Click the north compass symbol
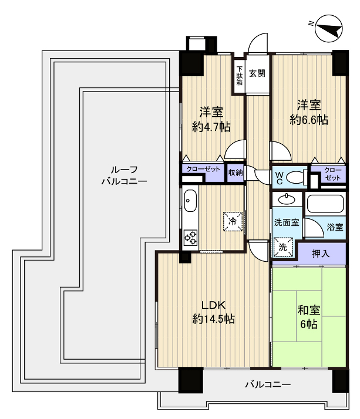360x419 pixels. pyautogui.click(x=329, y=29)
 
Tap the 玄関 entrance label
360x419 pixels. pyautogui.click(x=257, y=73)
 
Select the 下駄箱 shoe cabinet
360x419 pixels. pyautogui.click(x=240, y=76)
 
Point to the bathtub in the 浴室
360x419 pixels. pyautogui.click(x=325, y=204)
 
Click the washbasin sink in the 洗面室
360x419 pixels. pyautogui.click(x=287, y=200)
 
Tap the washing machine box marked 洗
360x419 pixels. pyautogui.click(x=283, y=247)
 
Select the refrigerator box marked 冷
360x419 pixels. pyautogui.click(x=233, y=221)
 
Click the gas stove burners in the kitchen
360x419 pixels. pyautogui.click(x=190, y=237)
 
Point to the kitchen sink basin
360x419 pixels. pyautogui.click(x=190, y=201)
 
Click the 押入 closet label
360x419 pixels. pyautogui.click(x=321, y=254)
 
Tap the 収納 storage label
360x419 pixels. pyautogui.click(x=235, y=173)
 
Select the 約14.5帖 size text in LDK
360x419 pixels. pyautogui.click(x=213, y=319)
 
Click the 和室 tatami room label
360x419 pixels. pyautogui.click(x=309, y=310)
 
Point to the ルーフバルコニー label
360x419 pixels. pyautogui.click(x=124, y=175)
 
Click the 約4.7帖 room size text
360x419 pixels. pyautogui.click(x=211, y=127)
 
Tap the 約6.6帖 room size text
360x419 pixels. pyautogui.click(x=309, y=120)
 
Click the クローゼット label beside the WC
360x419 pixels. pyautogui.click(x=333, y=174)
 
